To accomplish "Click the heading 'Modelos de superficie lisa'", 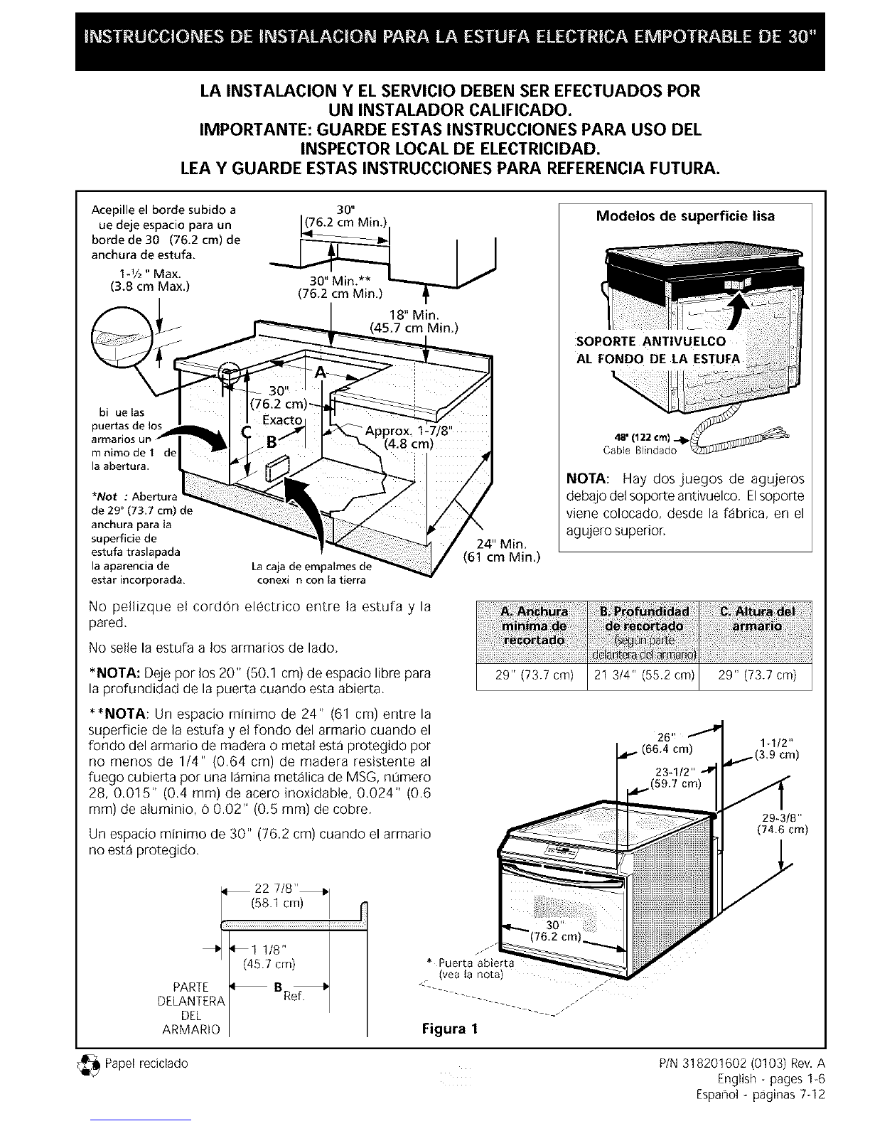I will click(x=684, y=216).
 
